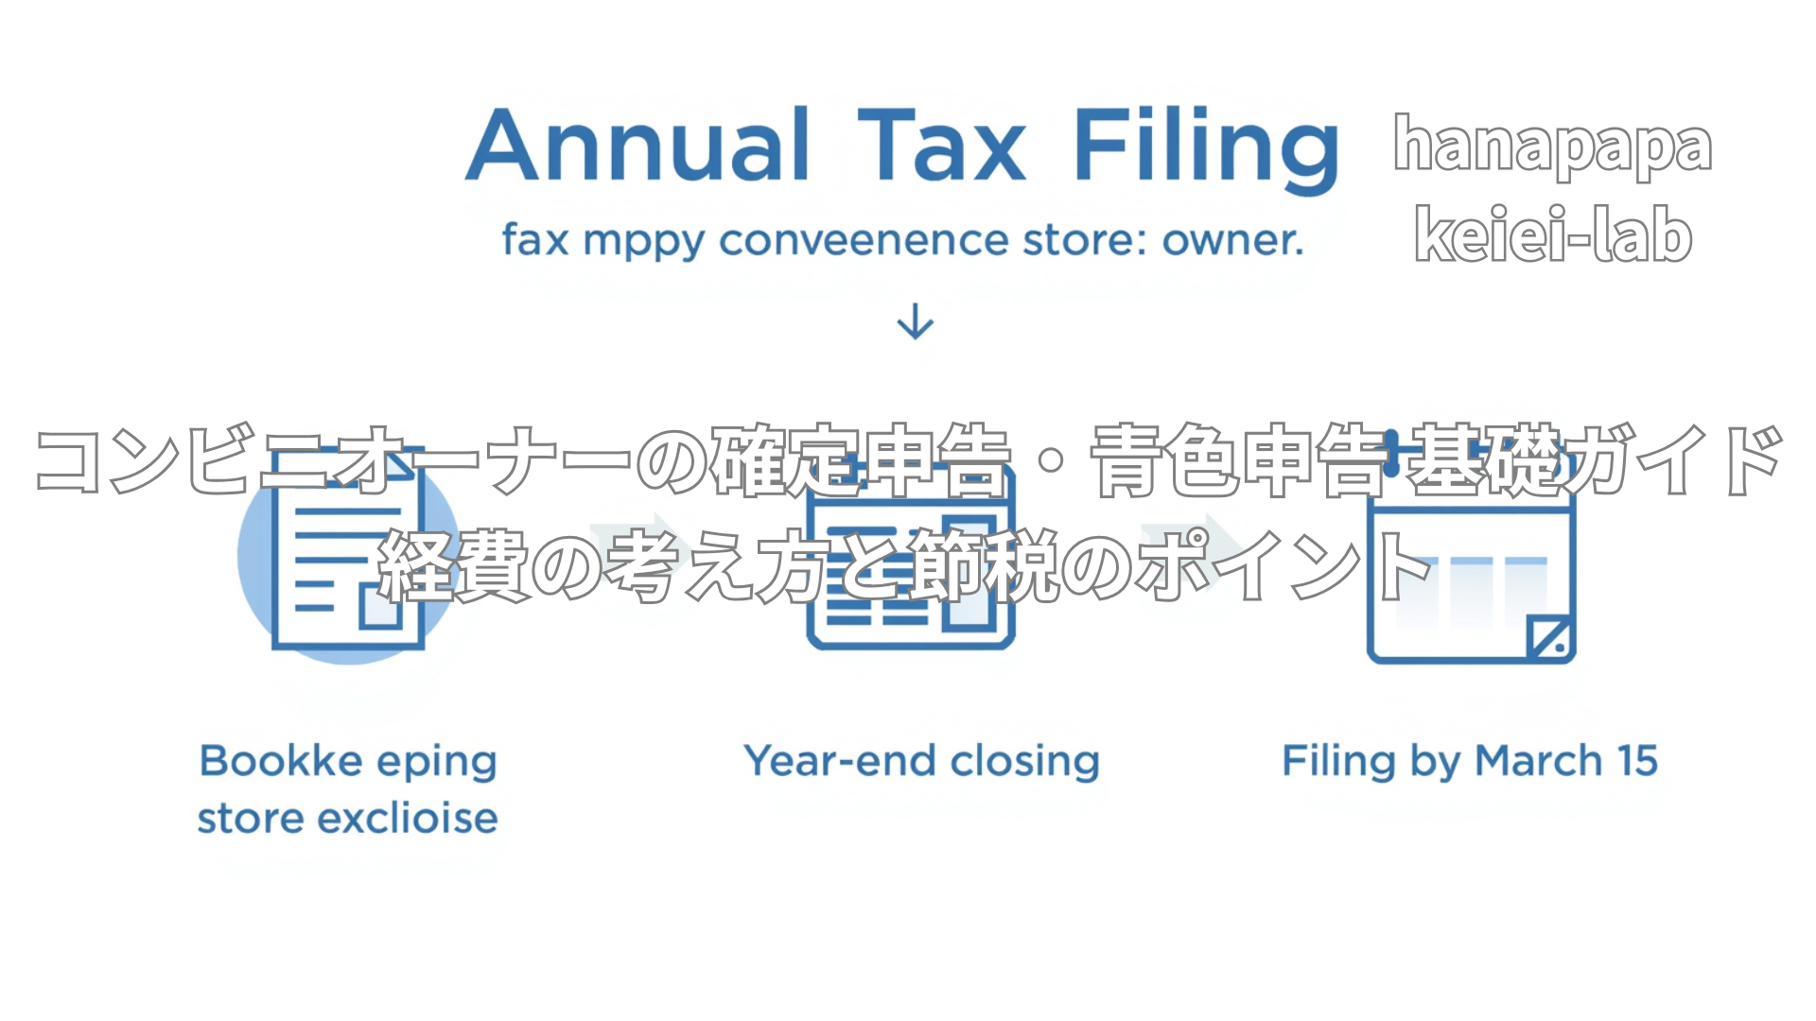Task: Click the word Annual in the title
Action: tap(638, 146)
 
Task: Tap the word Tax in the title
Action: tap(941, 146)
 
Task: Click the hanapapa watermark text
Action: tap(1552, 146)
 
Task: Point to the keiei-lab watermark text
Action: tap(1552, 234)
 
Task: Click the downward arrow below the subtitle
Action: tap(915, 321)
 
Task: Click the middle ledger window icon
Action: tap(911, 567)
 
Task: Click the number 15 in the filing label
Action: tap(1637, 761)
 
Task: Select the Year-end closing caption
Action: tap(921, 761)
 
